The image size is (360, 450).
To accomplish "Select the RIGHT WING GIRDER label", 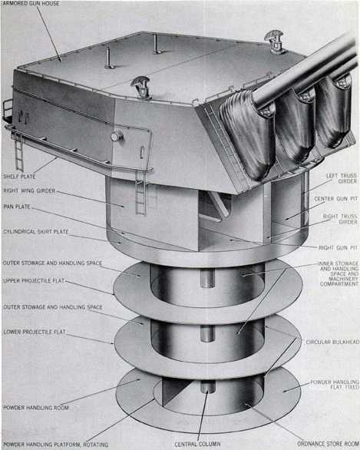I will [33, 192].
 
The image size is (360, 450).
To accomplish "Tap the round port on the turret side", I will [117, 136].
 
